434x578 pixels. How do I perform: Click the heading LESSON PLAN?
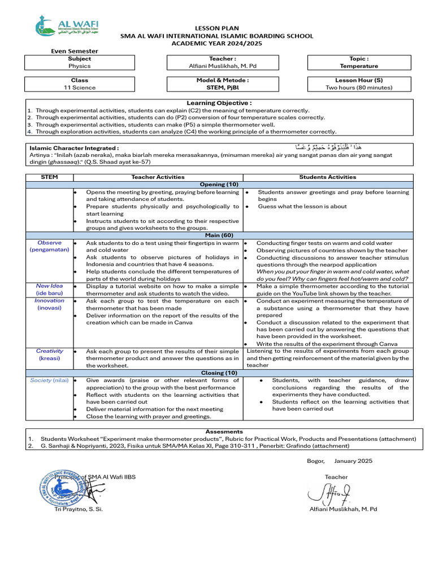pyautogui.click(x=217, y=28)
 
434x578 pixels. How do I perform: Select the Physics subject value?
pyautogui.click(x=79, y=66)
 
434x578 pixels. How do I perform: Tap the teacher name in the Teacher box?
pyautogui.click(x=222, y=66)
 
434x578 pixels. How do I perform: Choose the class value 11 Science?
pyautogui.click(x=79, y=87)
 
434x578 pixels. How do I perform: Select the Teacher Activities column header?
pyautogui.click(x=158, y=177)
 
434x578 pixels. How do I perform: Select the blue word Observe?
pyautogui.click(x=49, y=243)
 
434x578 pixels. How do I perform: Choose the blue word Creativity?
pyautogui.click(x=49, y=351)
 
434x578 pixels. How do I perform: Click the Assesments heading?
pyautogui.click(x=224, y=431)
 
